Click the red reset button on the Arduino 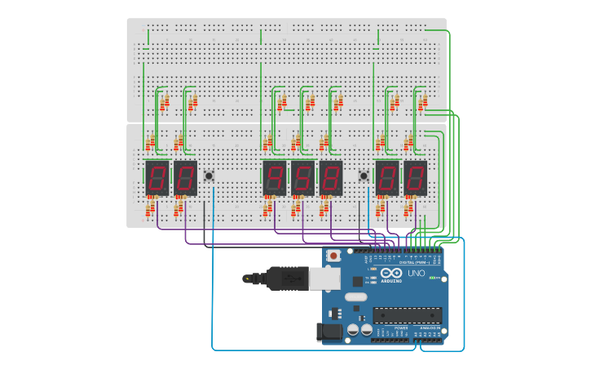click(333, 256)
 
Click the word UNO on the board click(415, 274)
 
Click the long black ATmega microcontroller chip click(407, 314)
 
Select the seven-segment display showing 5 click(302, 177)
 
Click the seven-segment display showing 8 click(330, 177)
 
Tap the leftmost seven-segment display click(157, 177)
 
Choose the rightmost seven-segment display click(415, 177)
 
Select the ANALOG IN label click(429, 328)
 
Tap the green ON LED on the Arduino click(431, 279)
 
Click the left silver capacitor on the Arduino click(353, 329)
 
